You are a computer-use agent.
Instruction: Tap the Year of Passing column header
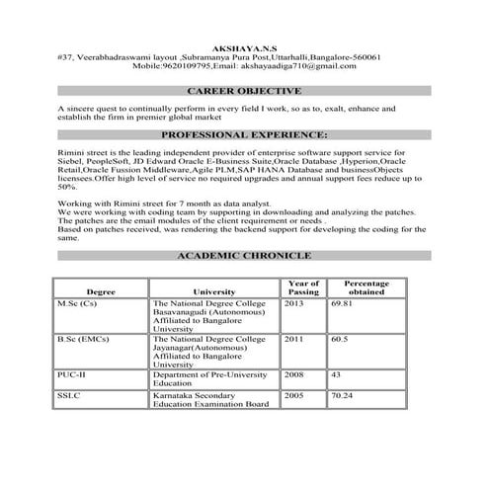303,287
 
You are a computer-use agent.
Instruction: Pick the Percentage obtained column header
367,287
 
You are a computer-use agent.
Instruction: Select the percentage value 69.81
343,303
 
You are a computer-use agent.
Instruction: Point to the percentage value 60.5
340,339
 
